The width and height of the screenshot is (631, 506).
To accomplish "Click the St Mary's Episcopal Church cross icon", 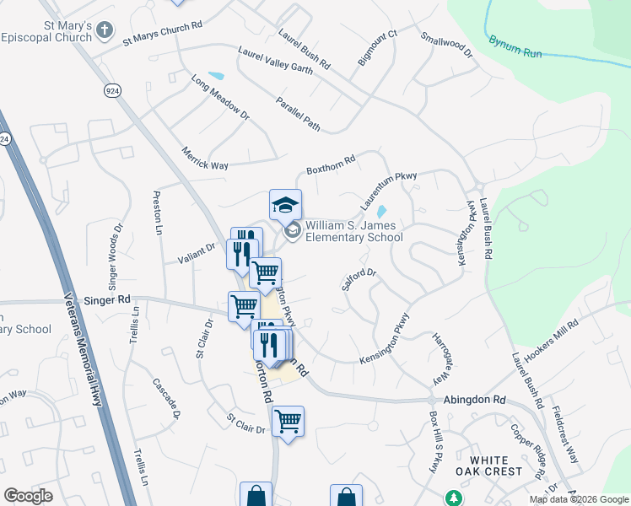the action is tap(105, 31).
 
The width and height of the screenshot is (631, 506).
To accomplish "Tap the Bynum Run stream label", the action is tap(515, 46).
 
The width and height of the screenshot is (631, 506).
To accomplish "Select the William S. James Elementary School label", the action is tap(354, 231).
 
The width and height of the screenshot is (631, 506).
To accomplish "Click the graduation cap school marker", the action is tap(285, 204).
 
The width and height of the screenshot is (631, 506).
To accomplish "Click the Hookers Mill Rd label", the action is tap(551, 342).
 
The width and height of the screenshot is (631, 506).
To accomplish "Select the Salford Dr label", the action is tap(358, 280).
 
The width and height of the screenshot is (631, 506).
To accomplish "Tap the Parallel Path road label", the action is tap(298, 115).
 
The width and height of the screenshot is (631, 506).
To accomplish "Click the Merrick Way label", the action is tap(205, 159).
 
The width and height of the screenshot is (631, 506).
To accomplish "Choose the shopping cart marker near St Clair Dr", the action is tap(288, 422).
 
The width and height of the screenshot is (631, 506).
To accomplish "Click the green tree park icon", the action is tap(454, 498).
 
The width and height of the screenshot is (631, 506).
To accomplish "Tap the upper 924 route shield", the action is tap(111, 89).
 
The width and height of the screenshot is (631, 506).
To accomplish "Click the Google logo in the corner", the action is tap(28, 496).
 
